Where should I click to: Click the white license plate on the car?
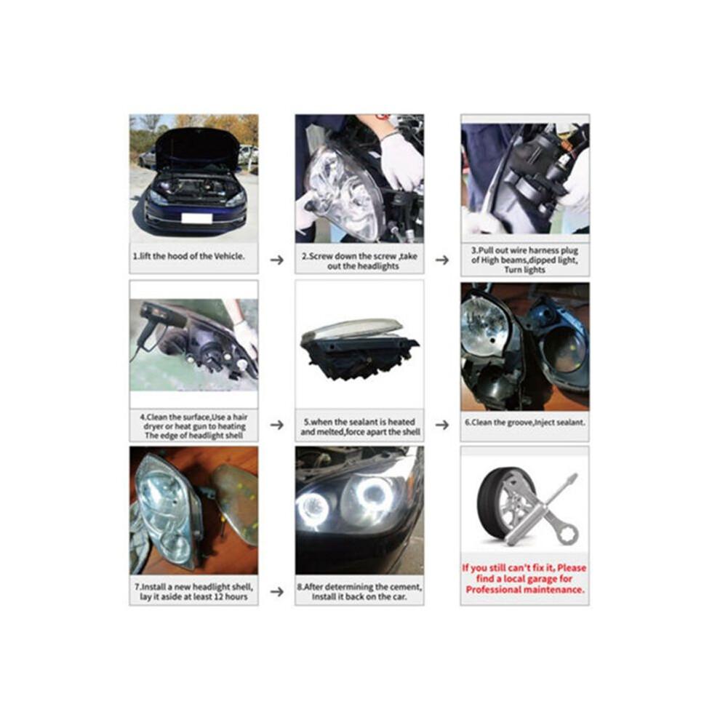pyautogui.click(x=196, y=218)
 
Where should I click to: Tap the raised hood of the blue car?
pyautogui.click(x=198, y=148)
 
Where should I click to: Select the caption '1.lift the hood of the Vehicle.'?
pyautogui.click(x=188, y=256)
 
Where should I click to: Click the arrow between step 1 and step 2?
pyautogui.click(x=277, y=260)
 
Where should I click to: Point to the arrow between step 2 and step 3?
pyautogui.click(x=442, y=260)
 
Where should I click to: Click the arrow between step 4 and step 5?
pyautogui.click(x=277, y=425)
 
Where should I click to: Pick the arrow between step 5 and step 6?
pyautogui.click(x=442, y=425)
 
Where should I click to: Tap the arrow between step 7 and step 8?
pyautogui.click(x=277, y=591)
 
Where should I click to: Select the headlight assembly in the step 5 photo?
pyautogui.click(x=359, y=348)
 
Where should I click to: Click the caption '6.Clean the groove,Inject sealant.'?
pyautogui.click(x=525, y=422)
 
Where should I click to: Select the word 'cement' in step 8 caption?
pyautogui.click(x=405, y=587)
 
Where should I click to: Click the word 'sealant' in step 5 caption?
pyautogui.click(x=359, y=422)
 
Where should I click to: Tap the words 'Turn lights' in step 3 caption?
pyautogui.click(x=524, y=270)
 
